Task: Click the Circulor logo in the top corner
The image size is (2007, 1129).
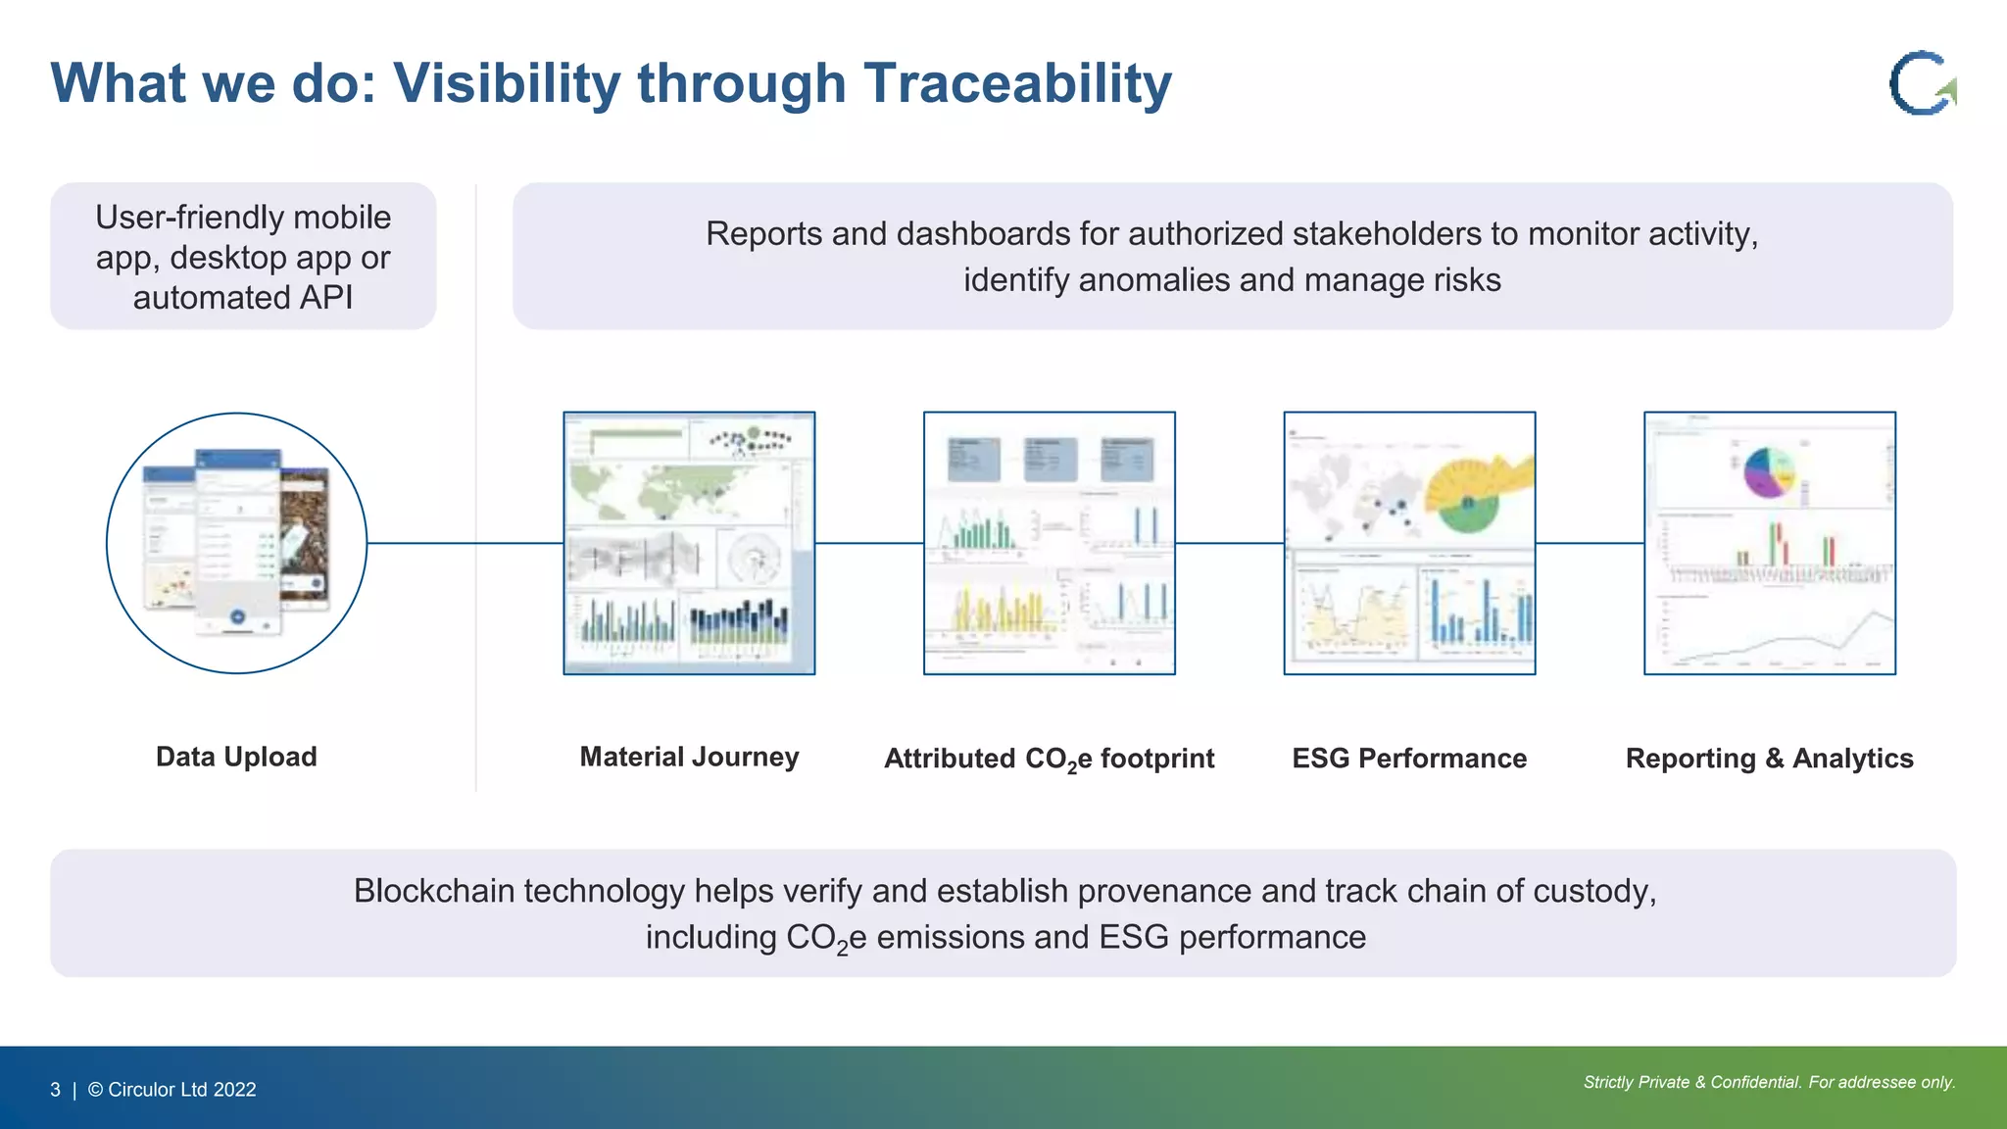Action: click(1921, 82)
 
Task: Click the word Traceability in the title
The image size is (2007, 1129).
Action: click(1017, 83)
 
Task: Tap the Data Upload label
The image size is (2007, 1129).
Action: click(236, 757)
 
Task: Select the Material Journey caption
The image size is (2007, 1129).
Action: click(689, 757)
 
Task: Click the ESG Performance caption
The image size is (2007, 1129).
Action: click(1408, 759)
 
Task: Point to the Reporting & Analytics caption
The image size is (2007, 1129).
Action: click(1769, 759)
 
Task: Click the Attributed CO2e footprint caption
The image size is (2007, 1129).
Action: click(1049, 760)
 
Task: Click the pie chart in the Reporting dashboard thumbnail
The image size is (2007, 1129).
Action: click(1769, 471)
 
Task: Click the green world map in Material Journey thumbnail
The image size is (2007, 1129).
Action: click(666, 490)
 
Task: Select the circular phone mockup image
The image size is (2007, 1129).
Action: click(236, 543)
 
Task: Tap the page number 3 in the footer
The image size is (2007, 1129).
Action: click(55, 1090)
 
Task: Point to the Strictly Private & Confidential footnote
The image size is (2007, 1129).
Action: click(1769, 1082)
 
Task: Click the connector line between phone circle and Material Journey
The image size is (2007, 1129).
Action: click(465, 543)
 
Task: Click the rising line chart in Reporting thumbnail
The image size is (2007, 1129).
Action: click(1784, 637)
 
